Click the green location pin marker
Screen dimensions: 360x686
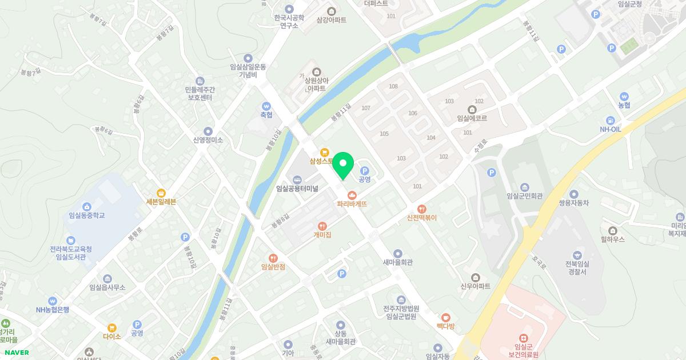(x=343, y=165)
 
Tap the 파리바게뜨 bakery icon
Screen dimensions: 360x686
(x=352, y=195)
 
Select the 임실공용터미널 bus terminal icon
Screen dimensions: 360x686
(x=297, y=180)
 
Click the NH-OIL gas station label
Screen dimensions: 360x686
(x=611, y=129)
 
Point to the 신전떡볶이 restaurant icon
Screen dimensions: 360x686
(x=422, y=209)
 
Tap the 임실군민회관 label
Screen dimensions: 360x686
(x=524, y=196)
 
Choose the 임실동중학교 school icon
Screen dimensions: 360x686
(x=86, y=206)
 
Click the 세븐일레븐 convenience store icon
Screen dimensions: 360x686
(x=161, y=193)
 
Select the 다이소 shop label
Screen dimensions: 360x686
(x=112, y=337)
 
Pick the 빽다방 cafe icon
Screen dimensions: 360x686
(x=445, y=317)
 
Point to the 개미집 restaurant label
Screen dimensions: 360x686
(x=322, y=234)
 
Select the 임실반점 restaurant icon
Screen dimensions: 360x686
(x=273, y=258)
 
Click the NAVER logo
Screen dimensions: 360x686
(x=17, y=353)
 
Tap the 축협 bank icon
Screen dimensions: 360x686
(x=266, y=106)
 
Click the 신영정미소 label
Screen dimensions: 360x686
(x=208, y=139)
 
